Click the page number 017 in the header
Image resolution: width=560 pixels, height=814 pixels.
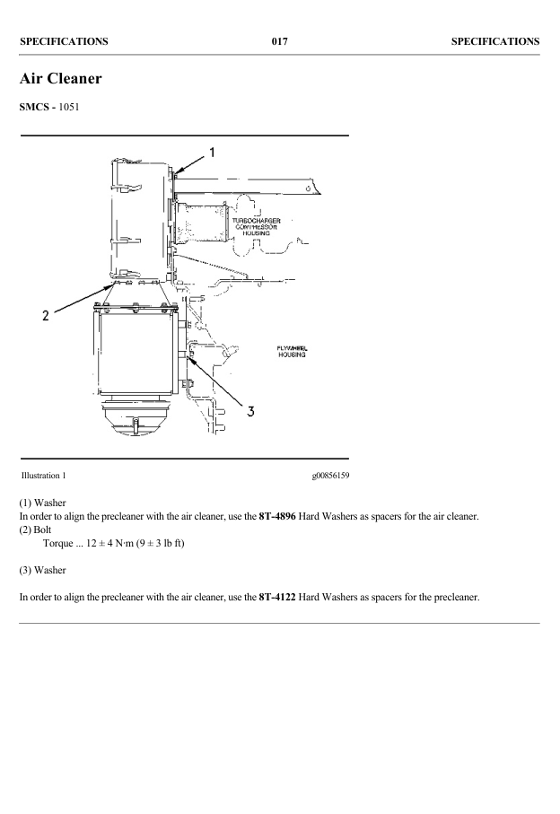[279, 41]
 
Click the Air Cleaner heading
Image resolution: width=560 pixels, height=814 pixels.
[60, 79]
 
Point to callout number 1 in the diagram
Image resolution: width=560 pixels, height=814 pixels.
[212, 152]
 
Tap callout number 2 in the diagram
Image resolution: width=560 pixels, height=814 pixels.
[45, 315]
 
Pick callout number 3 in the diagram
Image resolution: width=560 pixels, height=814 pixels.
[251, 411]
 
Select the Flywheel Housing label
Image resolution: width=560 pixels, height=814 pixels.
[291, 351]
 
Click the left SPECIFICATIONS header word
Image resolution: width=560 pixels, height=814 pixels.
[64, 41]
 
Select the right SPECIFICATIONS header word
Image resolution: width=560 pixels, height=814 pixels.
[494, 41]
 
